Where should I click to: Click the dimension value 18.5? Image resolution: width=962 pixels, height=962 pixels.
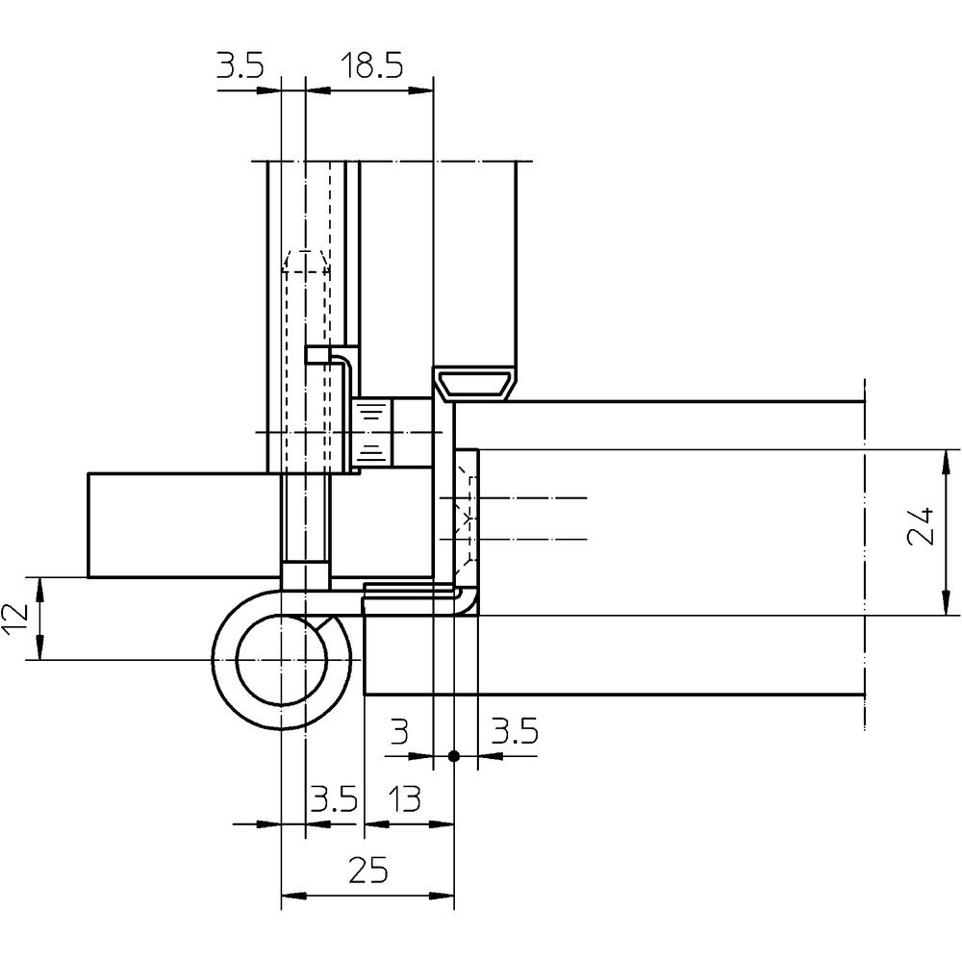[372, 65]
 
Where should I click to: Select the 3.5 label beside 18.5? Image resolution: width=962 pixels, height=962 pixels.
[240, 65]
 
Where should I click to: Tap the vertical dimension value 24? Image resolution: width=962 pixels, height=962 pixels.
[921, 526]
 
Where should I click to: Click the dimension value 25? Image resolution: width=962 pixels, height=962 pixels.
[368, 870]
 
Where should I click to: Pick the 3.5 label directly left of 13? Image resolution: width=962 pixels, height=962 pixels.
[335, 799]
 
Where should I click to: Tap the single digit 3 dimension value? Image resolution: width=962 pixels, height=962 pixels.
[399, 731]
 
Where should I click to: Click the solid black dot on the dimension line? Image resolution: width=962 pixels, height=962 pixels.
[454, 756]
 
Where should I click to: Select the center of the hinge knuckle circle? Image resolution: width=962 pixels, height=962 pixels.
[282, 660]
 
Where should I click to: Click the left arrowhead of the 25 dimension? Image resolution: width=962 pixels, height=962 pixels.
[292, 896]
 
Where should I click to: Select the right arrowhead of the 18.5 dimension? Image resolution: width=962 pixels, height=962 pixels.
[421, 90]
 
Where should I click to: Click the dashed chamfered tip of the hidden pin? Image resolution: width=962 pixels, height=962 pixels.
[306, 261]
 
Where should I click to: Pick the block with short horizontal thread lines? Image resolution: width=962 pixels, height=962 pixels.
[371, 432]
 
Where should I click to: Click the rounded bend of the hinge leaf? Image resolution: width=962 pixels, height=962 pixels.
[469, 600]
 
